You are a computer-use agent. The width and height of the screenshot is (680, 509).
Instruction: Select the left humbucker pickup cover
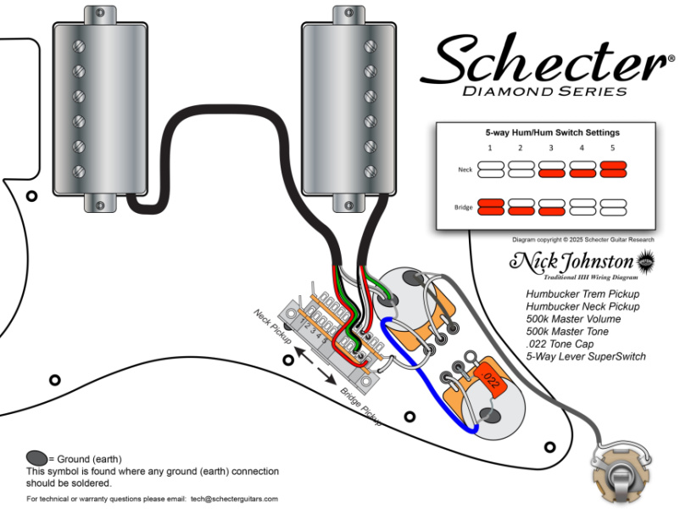tap(92, 109)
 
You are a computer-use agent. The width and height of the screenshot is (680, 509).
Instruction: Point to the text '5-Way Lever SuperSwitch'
tap(586, 356)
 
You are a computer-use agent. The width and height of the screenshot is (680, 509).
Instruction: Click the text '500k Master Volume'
tap(573, 318)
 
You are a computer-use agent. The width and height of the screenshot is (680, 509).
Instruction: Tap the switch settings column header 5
tap(611, 148)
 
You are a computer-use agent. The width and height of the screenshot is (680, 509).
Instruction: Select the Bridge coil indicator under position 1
tap(491, 206)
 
